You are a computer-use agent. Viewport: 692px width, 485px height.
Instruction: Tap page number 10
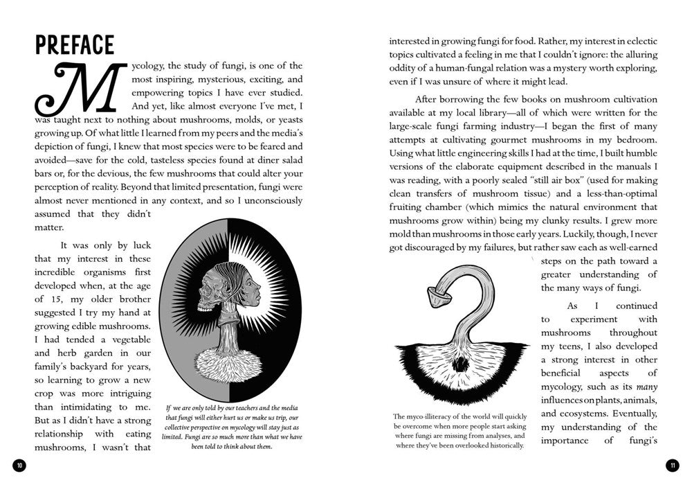click(19, 465)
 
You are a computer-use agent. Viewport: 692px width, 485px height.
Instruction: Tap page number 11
click(671, 465)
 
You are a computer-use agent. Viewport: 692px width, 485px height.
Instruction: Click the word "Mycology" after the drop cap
click(149, 67)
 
